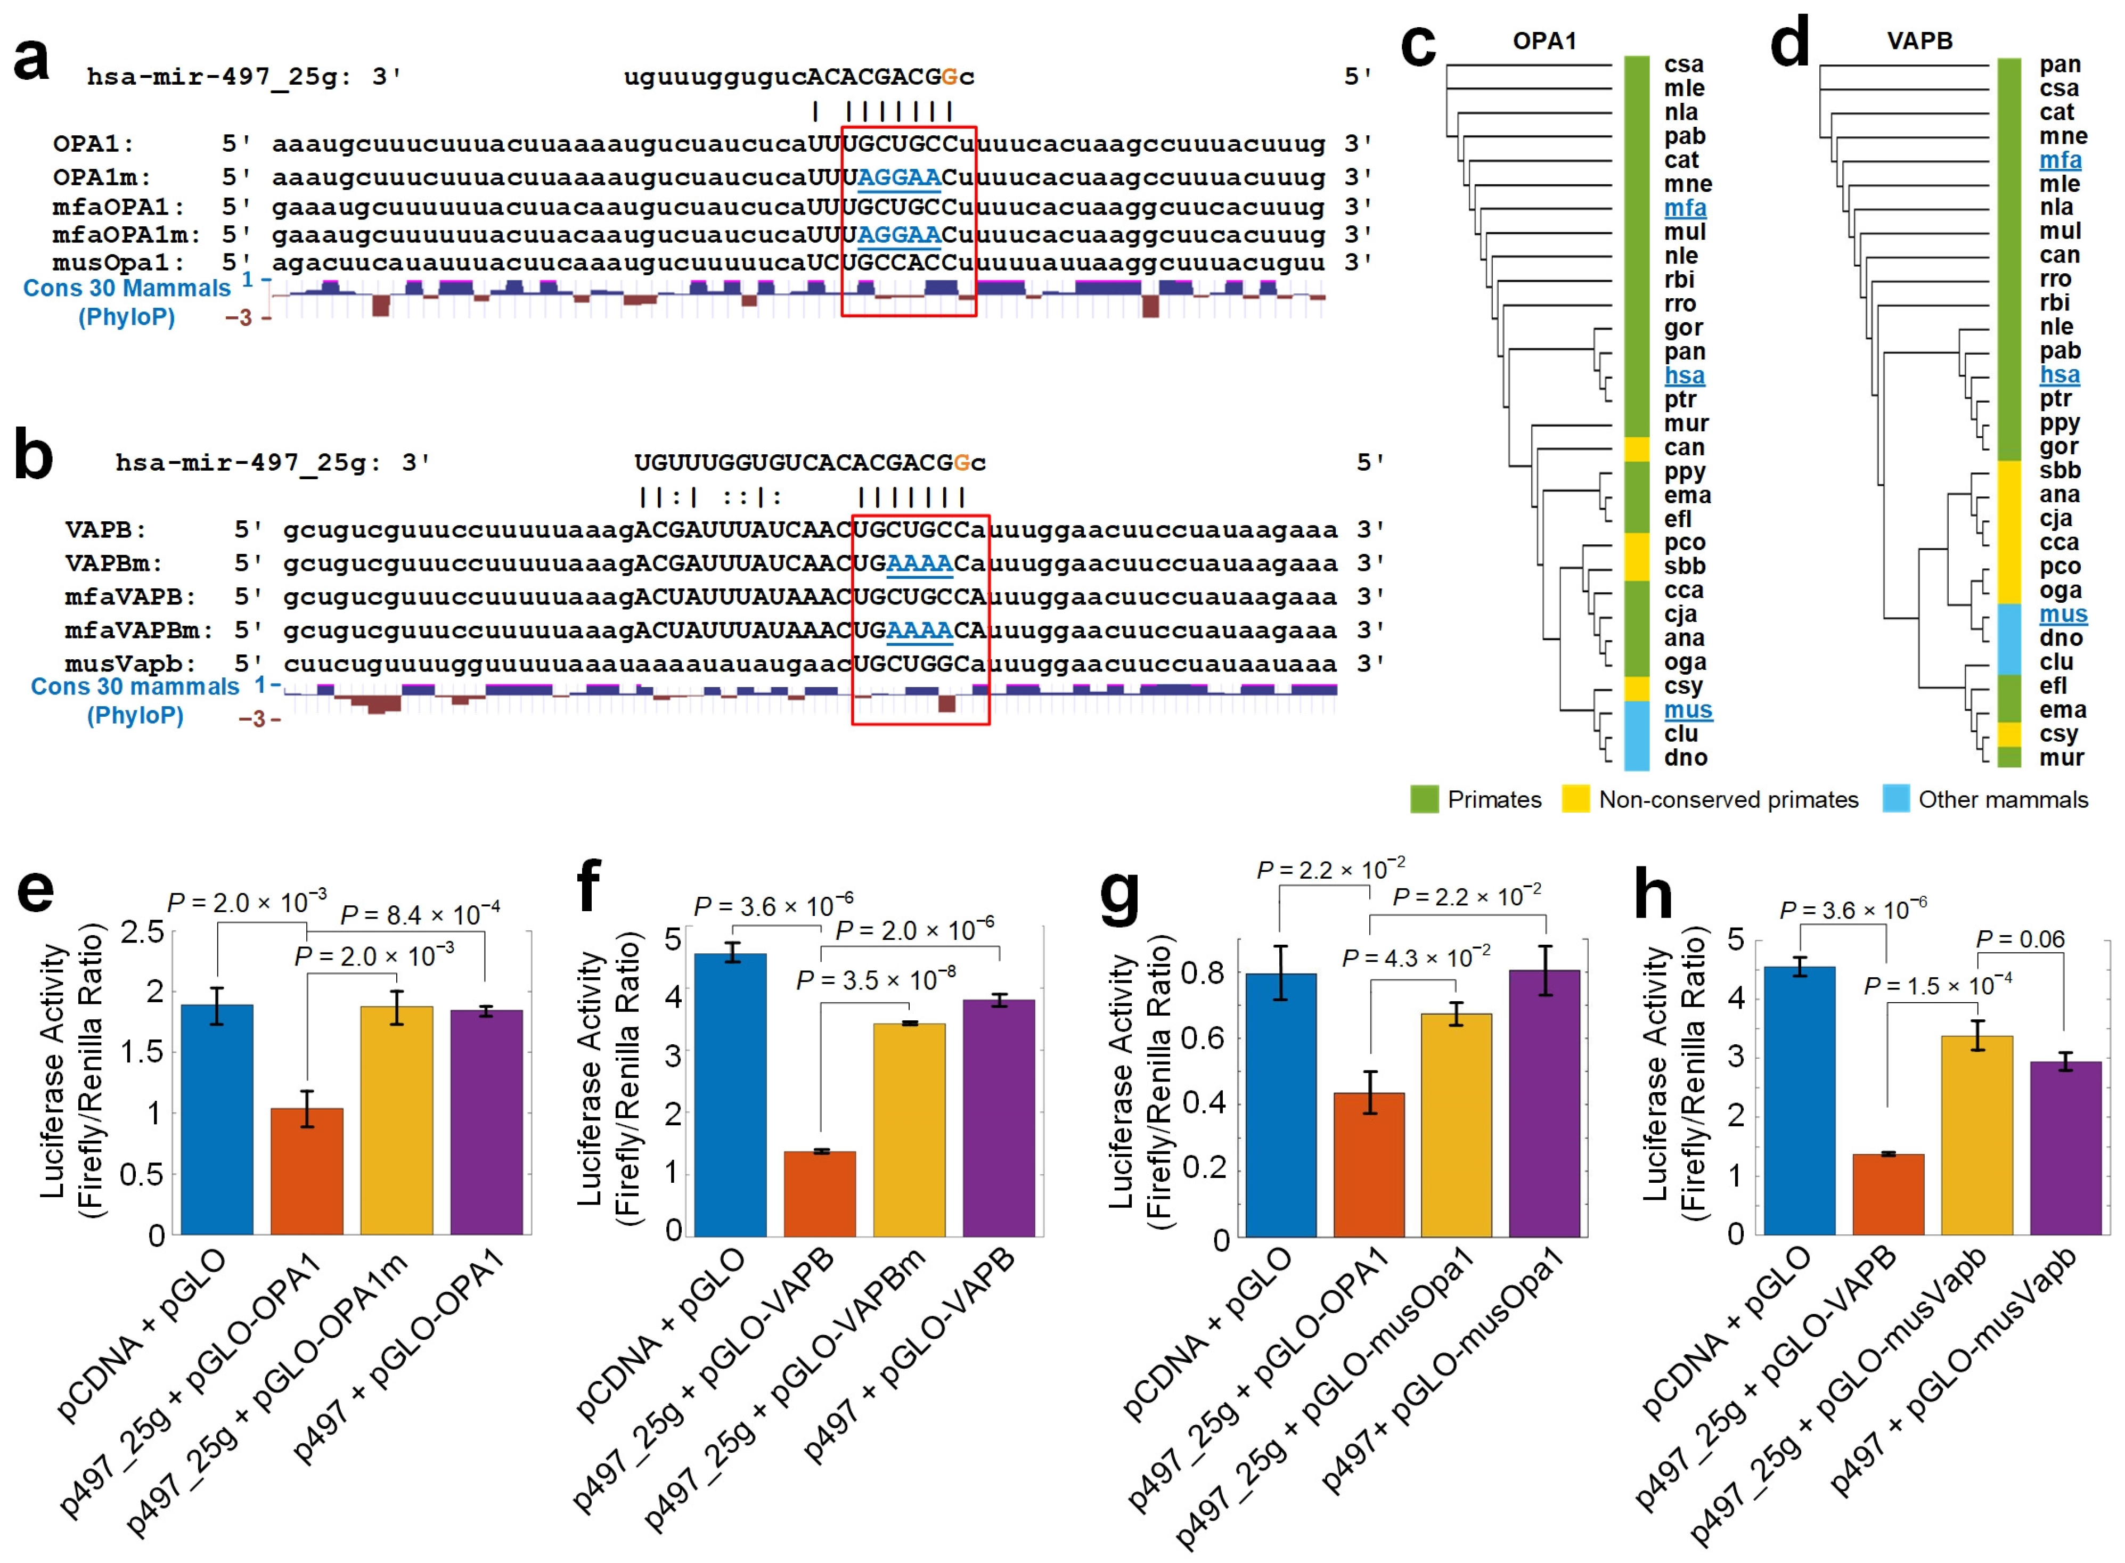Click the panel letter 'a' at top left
pyautogui.click(x=31, y=59)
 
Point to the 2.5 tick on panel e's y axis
pyautogui.click(x=142, y=932)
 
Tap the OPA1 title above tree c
pyautogui.click(x=1544, y=40)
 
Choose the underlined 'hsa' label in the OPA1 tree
pyautogui.click(x=1684, y=375)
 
